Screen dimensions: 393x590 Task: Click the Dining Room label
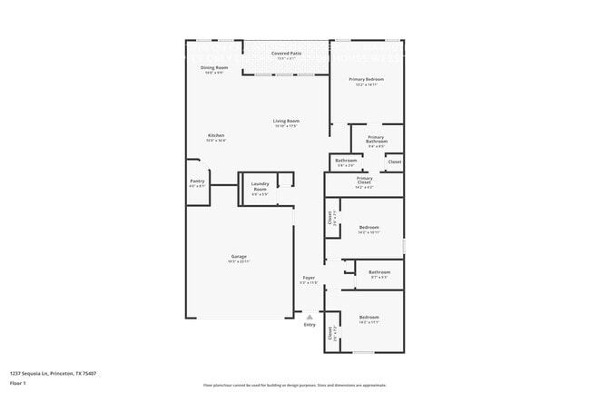214,68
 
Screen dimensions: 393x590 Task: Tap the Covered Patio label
287,54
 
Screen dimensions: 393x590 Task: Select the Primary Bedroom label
367,79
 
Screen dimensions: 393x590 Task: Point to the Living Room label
287,121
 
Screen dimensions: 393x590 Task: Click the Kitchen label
215,135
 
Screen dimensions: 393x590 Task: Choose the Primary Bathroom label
377,139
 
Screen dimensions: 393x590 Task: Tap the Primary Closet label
364,179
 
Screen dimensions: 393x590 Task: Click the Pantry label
197,181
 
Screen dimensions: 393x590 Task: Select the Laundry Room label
260,186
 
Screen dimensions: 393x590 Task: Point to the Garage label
239,257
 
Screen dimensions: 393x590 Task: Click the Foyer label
309,278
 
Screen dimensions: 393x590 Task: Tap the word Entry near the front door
310,325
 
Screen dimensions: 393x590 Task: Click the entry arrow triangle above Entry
310,316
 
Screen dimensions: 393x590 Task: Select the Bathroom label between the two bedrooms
379,272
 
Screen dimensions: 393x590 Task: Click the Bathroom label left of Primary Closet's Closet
346,162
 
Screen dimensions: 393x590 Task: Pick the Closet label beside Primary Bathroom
395,162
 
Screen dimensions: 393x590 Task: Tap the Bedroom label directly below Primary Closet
369,227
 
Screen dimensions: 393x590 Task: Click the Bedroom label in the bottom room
369,317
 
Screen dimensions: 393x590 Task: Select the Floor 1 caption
18,384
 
